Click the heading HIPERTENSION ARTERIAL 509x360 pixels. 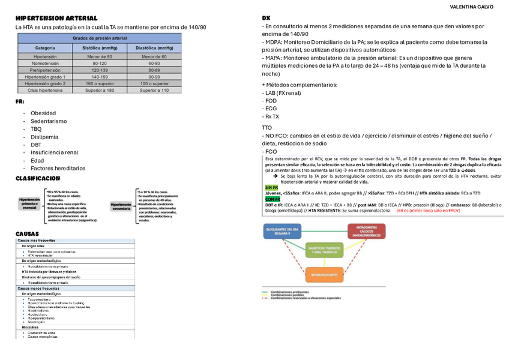56,19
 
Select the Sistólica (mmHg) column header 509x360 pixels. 100,47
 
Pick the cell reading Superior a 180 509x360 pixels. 100,90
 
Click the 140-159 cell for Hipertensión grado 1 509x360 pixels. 100,77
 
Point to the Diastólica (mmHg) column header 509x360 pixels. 153,47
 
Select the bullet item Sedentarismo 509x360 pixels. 49,121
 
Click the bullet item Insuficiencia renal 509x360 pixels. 54,152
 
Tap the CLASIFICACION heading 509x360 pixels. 38,178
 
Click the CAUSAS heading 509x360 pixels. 27,233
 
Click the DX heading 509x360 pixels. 266,19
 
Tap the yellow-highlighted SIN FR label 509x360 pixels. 271,187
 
